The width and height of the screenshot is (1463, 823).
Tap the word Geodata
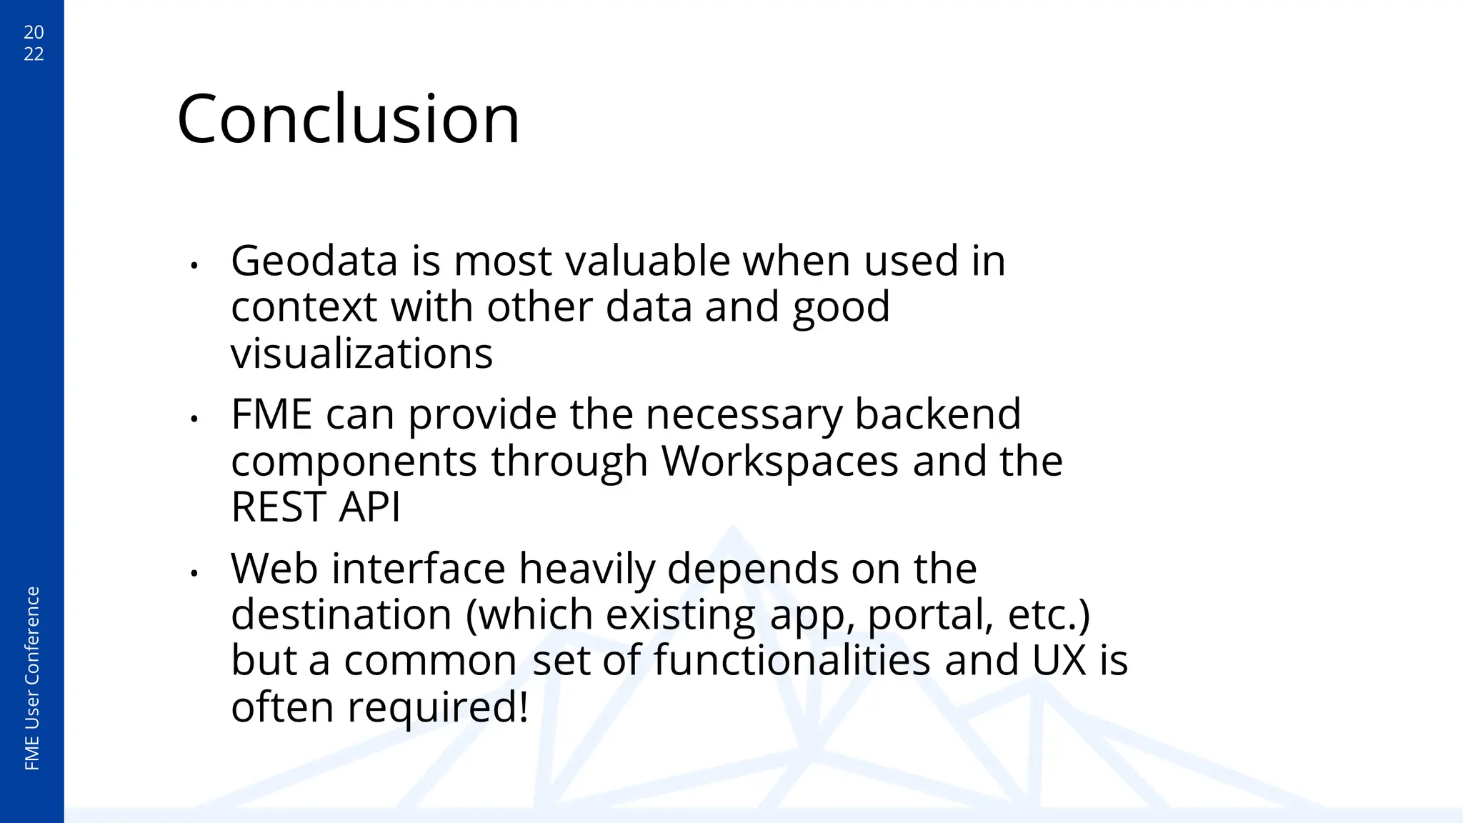(x=314, y=261)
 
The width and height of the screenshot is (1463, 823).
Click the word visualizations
(x=361, y=354)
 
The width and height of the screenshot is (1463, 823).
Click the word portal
(x=930, y=616)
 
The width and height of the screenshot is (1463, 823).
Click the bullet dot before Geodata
(x=194, y=266)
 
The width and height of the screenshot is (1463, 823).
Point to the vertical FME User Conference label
(x=32, y=678)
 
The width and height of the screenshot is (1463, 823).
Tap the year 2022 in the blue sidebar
(x=34, y=43)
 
